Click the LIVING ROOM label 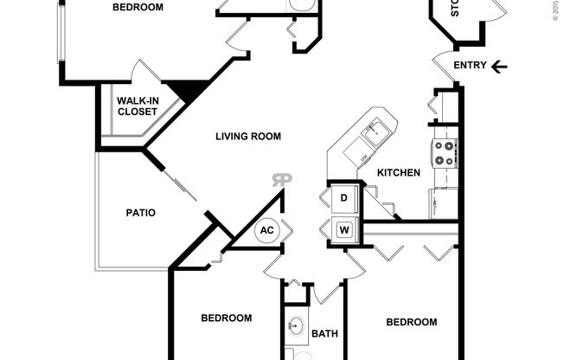248,136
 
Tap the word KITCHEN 398,173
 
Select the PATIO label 140,212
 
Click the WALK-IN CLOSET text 137,106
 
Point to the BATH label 324,334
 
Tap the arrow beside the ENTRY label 500,66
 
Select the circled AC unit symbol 266,231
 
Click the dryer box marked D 343,199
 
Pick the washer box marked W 343,230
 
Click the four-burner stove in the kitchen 445,153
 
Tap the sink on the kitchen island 377,133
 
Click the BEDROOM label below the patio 227,318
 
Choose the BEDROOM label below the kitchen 411,322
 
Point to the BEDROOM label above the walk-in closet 138,8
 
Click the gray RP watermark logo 282,180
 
